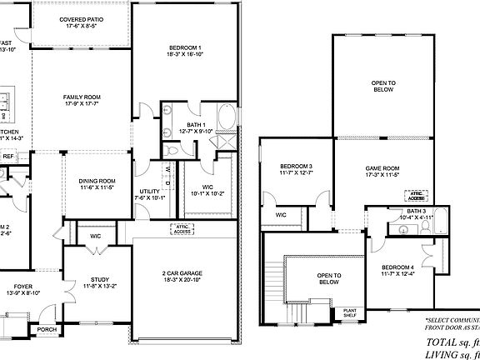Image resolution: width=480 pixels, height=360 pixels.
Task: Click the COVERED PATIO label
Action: (x=82, y=19)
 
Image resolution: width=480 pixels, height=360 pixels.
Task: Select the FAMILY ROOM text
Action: (x=82, y=97)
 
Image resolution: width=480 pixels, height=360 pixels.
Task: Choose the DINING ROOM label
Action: (x=97, y=181)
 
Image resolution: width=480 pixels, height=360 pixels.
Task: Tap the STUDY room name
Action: (x=97, y=282)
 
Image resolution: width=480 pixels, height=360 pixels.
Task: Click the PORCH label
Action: (x=47, y=328)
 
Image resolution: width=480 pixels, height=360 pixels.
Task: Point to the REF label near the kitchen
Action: (x=8, y=156)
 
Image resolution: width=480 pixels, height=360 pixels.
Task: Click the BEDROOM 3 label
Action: (x=296, y=167)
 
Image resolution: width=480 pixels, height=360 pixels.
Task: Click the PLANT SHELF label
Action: (x=350, y=313)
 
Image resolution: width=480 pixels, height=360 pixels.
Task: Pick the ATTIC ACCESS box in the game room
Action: (x=417, y=195)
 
